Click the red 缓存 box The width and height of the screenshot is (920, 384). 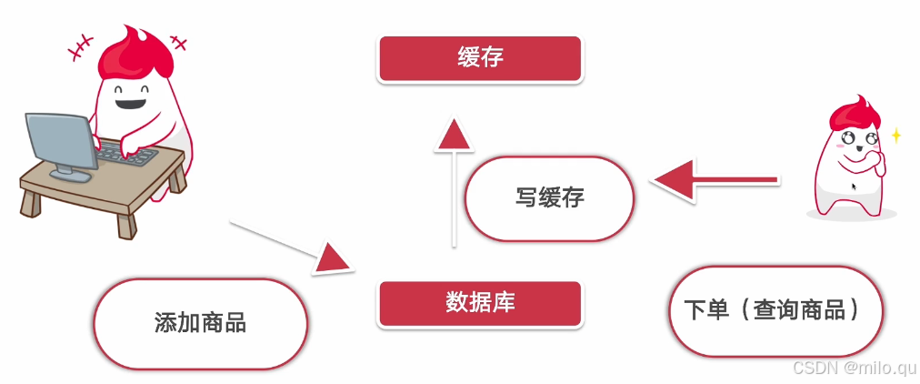479,58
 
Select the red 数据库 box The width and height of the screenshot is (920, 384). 479,303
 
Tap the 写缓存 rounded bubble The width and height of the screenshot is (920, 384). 549,197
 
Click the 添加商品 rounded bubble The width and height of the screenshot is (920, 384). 200,323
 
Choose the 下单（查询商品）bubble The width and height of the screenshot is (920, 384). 775,310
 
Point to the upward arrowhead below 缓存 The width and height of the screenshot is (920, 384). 451,137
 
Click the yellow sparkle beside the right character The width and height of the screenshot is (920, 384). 895,136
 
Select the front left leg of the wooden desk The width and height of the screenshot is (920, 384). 36,201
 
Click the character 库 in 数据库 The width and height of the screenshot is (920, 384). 504,303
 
